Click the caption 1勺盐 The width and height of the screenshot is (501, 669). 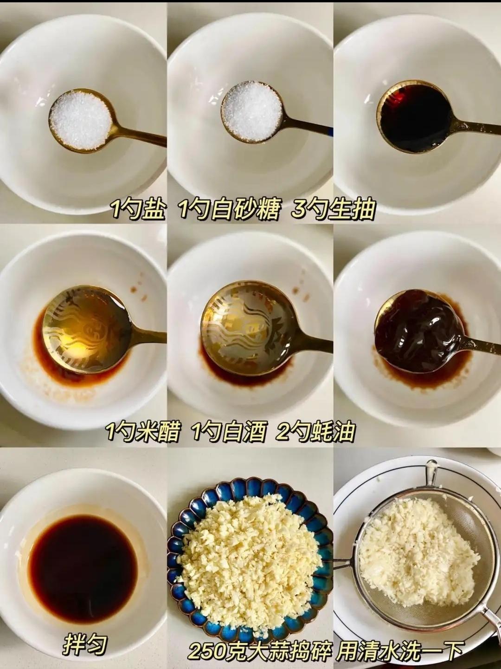(x=138, y=209)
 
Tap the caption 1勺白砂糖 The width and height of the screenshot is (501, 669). (x=228, y=209)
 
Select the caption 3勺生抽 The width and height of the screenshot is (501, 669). (x=333, y=209)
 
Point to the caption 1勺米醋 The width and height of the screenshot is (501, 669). (x=142, y=431)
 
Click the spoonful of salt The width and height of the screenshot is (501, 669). (x=81, y=120)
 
